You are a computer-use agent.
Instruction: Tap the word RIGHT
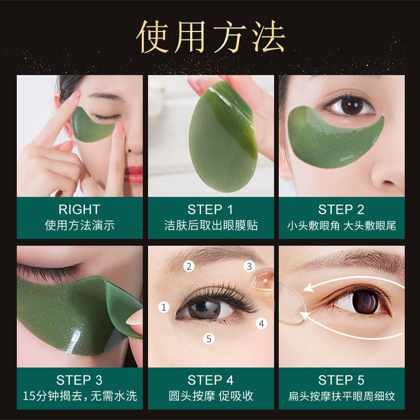tap(79, 209)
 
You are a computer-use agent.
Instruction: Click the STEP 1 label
tap(211, 209)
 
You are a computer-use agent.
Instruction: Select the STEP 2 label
tap(341, 209)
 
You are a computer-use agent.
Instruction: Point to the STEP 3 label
tap(79, 380)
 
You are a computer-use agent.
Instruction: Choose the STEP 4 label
tap(211, 380)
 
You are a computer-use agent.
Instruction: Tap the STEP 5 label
tap(341, 380)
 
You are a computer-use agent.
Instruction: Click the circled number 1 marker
tap(164, 307)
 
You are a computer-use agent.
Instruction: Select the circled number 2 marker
tap(189, 266)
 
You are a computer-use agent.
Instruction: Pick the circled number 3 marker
tap(250, 267)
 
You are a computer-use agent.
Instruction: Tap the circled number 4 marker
tap(261, 323)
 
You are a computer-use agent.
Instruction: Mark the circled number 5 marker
tap(209, 339)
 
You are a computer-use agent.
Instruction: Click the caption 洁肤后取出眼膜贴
tap(211, 226)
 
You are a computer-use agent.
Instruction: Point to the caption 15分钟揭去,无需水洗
tap(79, 395)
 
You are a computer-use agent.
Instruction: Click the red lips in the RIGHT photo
tap(134, 173)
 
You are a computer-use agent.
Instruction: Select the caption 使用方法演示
tap(79, 226)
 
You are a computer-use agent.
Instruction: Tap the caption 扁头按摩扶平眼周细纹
tap(341, 395)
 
